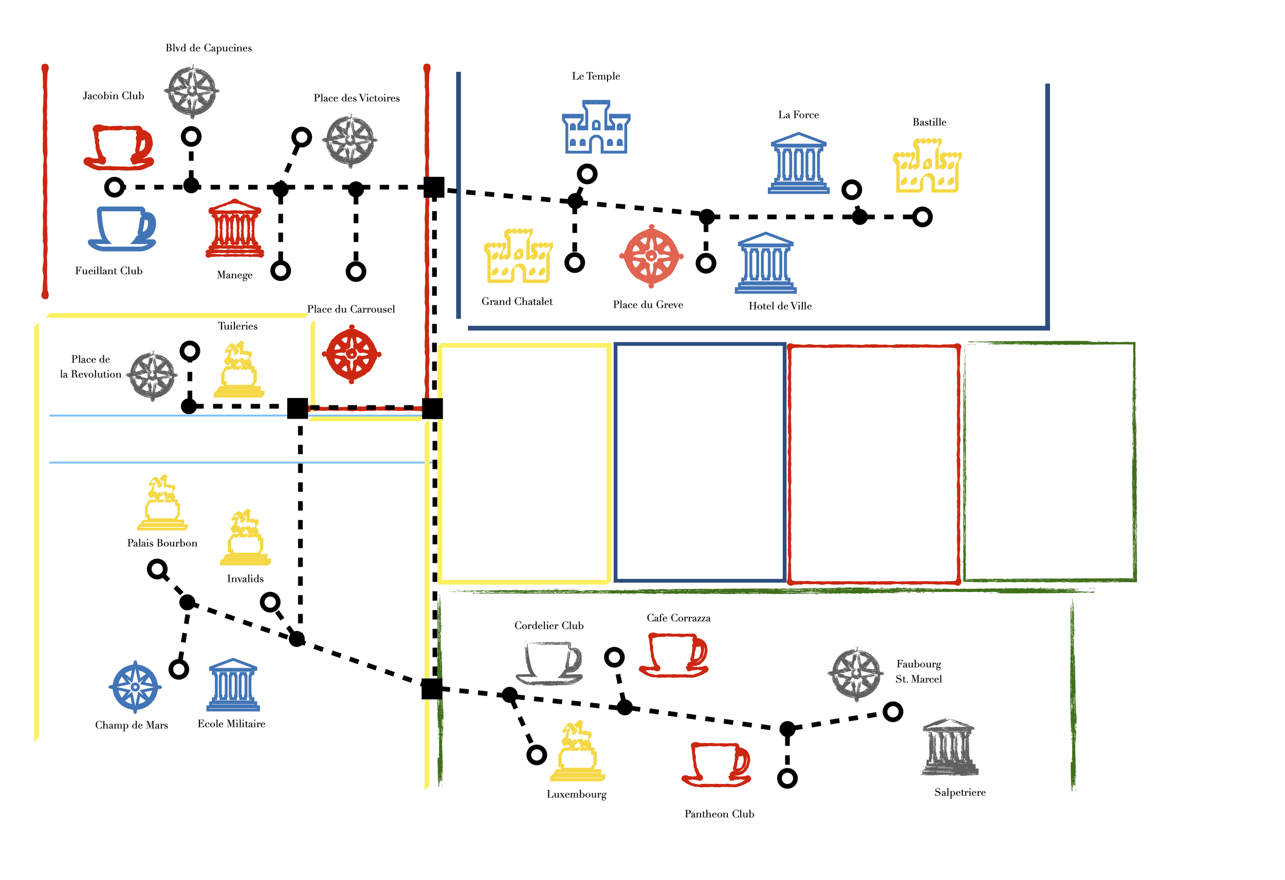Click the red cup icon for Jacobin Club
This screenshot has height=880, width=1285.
tap(118, 147)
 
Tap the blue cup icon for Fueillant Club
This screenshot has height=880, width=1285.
tap(122, 229)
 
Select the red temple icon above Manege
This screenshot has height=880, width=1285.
tap(235, 229)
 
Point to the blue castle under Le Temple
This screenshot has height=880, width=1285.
tap(596, 127)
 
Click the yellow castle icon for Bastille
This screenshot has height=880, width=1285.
tap(927, 166)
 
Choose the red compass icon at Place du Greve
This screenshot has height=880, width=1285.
tap(651, 256)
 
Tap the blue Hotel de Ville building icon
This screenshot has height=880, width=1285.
tap(765, 263)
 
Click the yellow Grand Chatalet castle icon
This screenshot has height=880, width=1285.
tap(518, 256)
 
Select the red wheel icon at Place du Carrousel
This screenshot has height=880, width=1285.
tap(352, 354)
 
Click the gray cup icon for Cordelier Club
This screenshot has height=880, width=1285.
tap(549, 662)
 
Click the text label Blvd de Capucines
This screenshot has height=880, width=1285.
tap(209, 48)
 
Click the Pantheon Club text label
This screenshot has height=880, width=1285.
tap(719, 814)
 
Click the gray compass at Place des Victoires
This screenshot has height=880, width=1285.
tap(351, 140)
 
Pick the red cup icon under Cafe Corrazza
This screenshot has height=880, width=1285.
tap(674, 655)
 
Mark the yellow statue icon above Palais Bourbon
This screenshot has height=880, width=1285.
tap(162, 503)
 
